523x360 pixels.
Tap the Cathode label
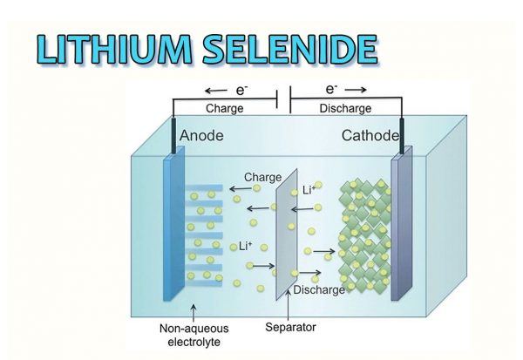pyautogui.click(x=370, y=136)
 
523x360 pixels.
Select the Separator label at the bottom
pyautogui.click(x=289, y=328)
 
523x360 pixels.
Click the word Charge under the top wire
pyautogui.click(x=225, y=109)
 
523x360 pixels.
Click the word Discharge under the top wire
pyautogui.click(x=332, y=109)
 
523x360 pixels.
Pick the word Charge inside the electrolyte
pyautogui.click(x=262, y=178)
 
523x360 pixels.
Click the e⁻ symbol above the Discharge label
pyautogui.click(x=332, y=90)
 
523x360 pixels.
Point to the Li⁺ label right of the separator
pyautogui.click(x=308, y=189)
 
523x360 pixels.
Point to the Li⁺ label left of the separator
pyautogui.click(x=245, y=248)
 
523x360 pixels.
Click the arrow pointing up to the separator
pyautogui.click(x=288, y=308)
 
